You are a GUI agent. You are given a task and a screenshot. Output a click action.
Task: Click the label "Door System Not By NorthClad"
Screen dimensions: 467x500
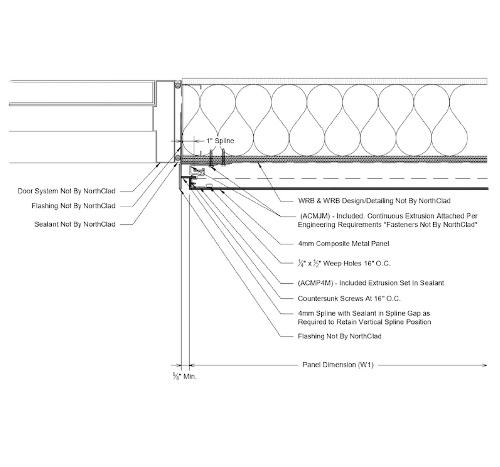point(66,191)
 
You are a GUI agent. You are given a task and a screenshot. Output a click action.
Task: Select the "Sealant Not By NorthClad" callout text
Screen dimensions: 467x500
point(75,224)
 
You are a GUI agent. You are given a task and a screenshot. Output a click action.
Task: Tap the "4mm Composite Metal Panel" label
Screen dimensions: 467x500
point(343,243)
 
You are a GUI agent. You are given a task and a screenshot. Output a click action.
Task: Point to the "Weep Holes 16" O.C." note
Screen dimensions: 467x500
point(344,263)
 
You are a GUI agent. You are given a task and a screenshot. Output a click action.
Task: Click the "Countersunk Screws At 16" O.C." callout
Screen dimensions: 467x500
point(349,298)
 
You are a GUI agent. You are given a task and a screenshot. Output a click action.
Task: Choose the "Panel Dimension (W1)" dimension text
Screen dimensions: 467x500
point(338,365)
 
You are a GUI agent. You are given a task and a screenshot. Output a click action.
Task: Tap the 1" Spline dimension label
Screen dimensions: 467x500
point(220,141)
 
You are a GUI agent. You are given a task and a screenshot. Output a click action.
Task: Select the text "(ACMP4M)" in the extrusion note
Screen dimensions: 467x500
point(315,283)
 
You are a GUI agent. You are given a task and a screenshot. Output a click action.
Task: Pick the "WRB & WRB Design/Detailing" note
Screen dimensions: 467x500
point(374,201)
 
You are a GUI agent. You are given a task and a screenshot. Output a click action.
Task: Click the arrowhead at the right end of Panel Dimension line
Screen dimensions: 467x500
point(485,365)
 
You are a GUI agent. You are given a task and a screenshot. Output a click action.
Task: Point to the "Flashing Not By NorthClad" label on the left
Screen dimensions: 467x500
point(73,206)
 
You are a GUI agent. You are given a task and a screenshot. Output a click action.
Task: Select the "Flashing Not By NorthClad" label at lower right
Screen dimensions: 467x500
point(340,336)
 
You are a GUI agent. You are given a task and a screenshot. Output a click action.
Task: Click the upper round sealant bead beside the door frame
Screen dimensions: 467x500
point(178,85)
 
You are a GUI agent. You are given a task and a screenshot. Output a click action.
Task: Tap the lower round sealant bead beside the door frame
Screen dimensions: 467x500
point(178,158)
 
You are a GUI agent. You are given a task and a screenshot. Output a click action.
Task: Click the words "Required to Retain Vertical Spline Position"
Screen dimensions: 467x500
point(364,322)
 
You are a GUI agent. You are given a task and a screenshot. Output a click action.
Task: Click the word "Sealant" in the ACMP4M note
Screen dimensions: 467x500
point(432,283)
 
